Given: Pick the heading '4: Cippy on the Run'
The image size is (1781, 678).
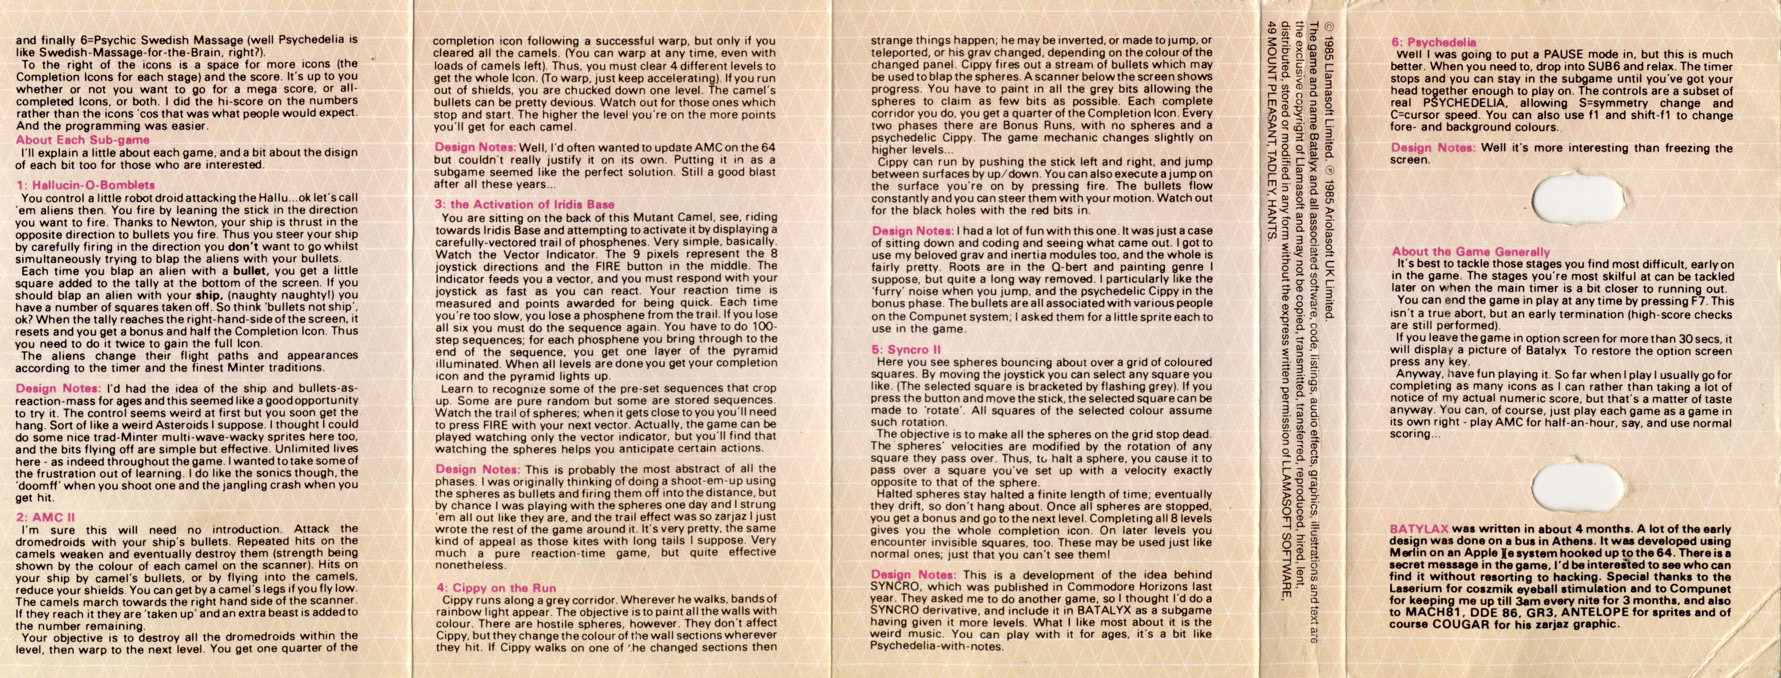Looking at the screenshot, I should tap(495, 588).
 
